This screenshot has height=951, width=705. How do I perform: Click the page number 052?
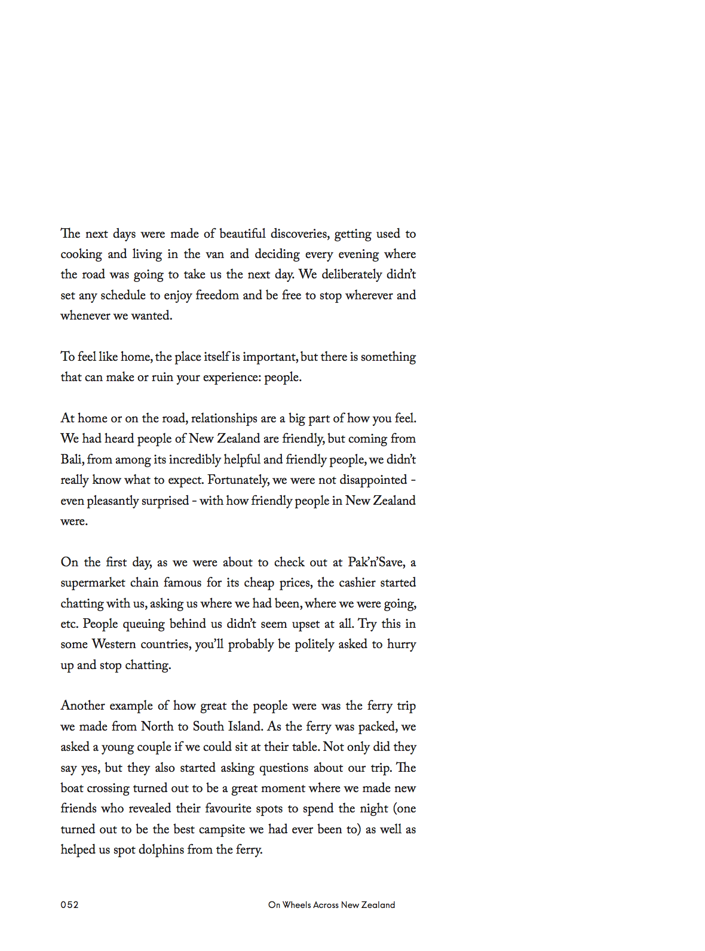click(69, 904)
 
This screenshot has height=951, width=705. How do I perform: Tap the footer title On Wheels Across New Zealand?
click(332, 904)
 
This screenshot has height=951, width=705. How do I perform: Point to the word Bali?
click(72, 459)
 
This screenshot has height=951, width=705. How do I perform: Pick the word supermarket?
click(93, 583)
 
